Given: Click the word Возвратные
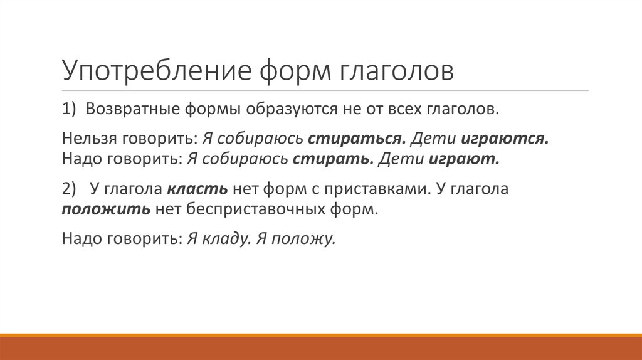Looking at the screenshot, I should [131, 109].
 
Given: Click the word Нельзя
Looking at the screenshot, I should [85, 139].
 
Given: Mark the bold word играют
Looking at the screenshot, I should [464, 159].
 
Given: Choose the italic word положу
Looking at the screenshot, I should [305, 240].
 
